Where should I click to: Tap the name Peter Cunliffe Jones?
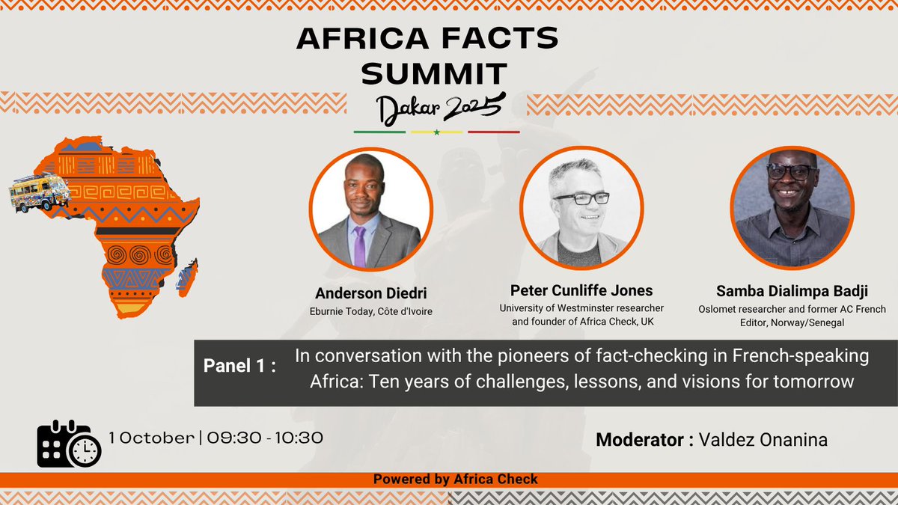pos(581,290)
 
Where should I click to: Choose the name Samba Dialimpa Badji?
pos(792,290)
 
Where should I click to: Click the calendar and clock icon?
pos(68,444)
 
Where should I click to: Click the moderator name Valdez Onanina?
pos(763,439)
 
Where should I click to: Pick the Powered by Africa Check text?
pos(455,479)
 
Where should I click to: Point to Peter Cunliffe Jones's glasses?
pos(581,198)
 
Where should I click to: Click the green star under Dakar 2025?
pos(436,132)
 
